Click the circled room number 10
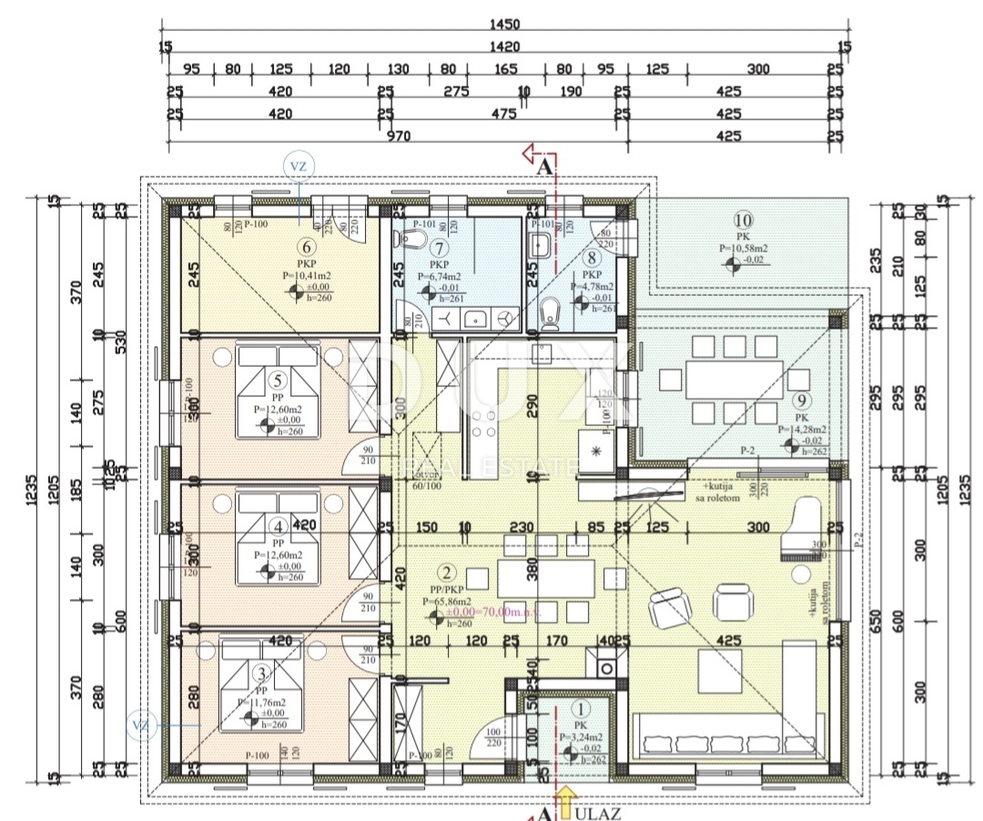[743, 219]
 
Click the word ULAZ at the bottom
[598, 813]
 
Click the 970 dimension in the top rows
[398, 137]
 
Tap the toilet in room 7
[410, 240]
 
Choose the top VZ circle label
[299, 167]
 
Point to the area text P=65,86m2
[447, 602]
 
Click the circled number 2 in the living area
[446, 573]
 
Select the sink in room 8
[539, 244]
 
